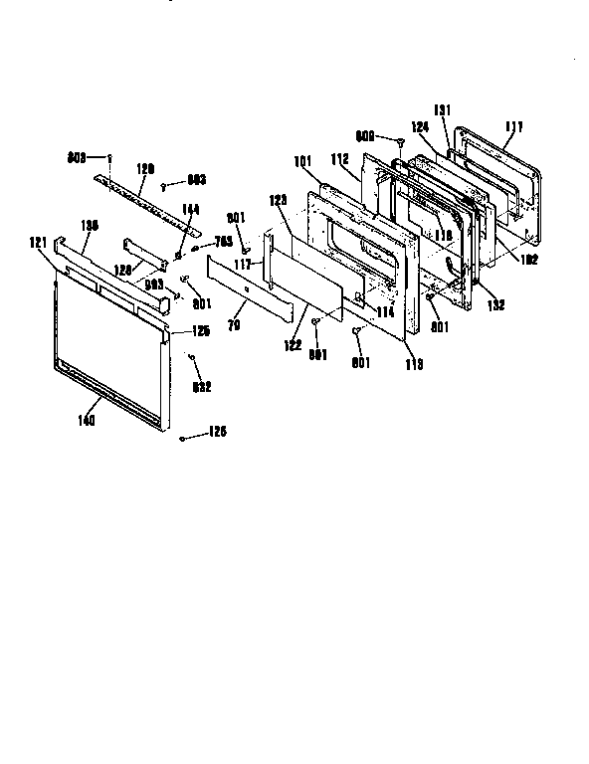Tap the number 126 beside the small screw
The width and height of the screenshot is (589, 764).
pos(217,433)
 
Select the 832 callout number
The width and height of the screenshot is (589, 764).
pos(202,386)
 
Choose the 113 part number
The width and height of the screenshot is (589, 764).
pos(414,364)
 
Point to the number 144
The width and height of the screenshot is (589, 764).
pos(189,210)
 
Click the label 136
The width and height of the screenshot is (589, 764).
pos(89,226)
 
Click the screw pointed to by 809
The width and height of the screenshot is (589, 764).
pos(399,143)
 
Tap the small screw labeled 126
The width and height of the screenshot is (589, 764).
pos(182,438)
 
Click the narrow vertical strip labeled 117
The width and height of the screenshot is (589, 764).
pos(267,269)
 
